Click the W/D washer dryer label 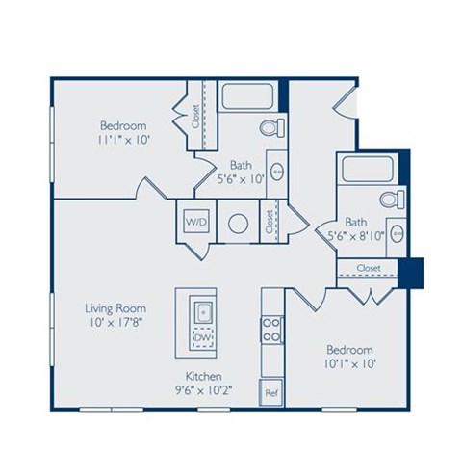(196, 222)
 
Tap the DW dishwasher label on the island (203, 338)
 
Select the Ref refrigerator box (271, 393)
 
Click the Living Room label (115, 308)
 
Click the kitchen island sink (203, 311)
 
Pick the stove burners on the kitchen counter (271, 330)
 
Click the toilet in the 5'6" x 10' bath (270, 128)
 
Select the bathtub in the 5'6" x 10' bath (248, 97)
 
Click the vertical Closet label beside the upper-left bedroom (196, 116)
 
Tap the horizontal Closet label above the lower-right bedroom (369, 267)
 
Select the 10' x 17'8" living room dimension (115, 324)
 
